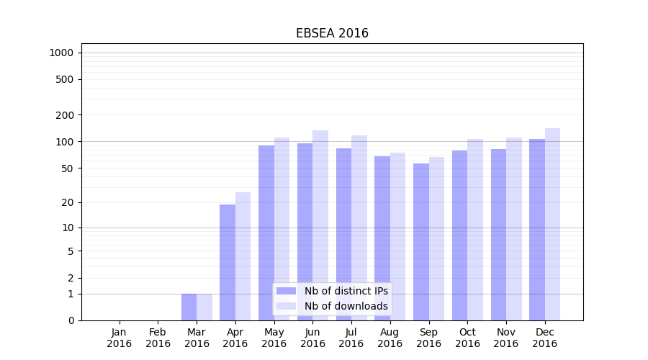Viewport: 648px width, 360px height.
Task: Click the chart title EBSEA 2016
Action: point(332,34)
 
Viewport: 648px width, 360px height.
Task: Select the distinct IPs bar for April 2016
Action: point(228,262)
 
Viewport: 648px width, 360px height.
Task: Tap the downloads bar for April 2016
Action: point(243,256)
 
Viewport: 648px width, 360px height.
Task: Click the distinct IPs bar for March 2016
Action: point(189,307)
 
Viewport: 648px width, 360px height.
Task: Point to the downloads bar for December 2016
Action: point(552,224)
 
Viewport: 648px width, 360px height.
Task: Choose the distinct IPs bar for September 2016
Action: point(420,242)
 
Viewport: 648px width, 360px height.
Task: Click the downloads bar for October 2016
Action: point(475,230)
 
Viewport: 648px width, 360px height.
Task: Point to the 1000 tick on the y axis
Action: point(61,53)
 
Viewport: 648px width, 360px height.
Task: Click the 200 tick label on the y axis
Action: point(65,115)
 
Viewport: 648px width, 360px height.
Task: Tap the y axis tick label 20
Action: point(68,202)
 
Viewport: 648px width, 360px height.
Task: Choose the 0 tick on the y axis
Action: point(71,320)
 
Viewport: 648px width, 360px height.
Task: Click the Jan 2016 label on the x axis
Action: point(120,338)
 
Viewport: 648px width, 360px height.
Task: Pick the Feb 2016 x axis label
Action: point(158,338)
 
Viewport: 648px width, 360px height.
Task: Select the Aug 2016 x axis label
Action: point(390,338)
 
